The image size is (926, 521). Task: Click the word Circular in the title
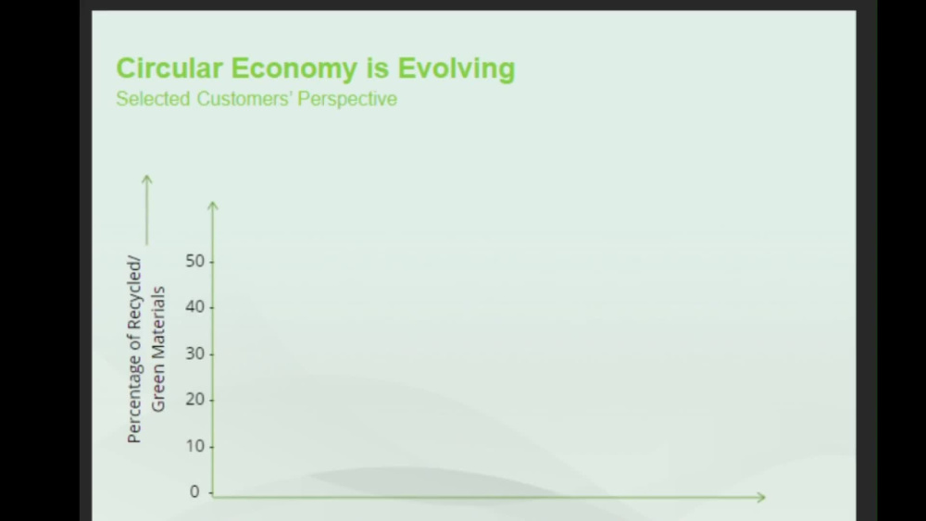(x=169, y=68)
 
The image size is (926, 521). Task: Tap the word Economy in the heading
(x=302, y=68)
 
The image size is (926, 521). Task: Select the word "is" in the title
(x=383, y=68)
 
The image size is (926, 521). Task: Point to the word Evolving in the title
(x=457, y=68)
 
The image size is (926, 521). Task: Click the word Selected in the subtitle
(x=153, y=99)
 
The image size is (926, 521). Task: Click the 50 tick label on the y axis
(x=194, y=262)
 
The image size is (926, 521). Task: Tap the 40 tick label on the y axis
(x=194, y=307)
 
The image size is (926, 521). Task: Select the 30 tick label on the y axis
(x=194, y=354)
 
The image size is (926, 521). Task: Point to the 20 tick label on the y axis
(x=194, y=400)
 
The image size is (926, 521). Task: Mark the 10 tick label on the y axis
(x=194, y=446)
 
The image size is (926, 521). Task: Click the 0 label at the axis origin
(x=194, y=492)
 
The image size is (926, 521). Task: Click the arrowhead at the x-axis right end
(x=760, y=497)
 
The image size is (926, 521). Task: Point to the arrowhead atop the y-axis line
(x=213, y=205)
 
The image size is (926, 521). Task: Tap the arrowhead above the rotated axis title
(x=146, y=179)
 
